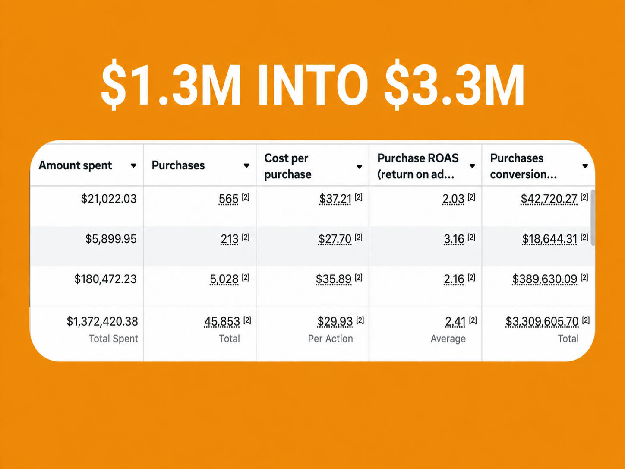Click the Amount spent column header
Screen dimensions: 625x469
click(75, 165)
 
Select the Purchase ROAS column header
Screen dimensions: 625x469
click(418, 166)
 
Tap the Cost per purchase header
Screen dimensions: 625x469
click(287, 166)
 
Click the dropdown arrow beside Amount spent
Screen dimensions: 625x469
click(133, 165)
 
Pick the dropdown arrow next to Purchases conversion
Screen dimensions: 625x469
click(585, 166)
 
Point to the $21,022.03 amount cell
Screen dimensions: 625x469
click(109, 199)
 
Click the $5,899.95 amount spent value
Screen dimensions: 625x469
click(111, 239)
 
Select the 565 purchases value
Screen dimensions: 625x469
click(228, 199)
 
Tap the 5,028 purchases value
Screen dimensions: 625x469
click(224, 279)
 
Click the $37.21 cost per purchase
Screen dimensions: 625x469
click(335, 199)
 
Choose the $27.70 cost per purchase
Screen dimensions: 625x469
click(335, 239)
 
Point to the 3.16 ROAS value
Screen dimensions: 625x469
click(454, 239)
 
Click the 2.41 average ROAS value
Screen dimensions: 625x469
click(455, 321)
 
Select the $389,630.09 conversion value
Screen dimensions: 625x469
click(545, 279)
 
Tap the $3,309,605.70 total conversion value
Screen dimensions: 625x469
click(542, 321)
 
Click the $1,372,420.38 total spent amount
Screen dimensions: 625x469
click(102, 321)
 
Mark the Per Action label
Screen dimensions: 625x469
click(330, 339)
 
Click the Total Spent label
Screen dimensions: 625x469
click(114, 339)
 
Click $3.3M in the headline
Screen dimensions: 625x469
click(454, 85)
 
